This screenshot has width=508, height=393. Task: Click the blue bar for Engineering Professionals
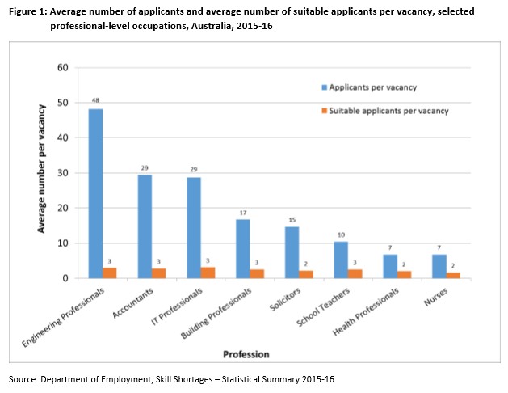tap(95, 193)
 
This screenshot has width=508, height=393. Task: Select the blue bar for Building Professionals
tap(242, 248)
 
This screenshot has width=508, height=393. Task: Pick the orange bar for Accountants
tap(158, 273)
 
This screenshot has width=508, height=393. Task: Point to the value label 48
tap(95, 101)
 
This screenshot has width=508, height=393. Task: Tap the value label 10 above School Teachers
tap(342, 235)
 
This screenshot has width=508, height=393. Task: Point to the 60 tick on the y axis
tap(63, 67)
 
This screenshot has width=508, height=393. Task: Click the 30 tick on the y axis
tap(63, 173)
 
